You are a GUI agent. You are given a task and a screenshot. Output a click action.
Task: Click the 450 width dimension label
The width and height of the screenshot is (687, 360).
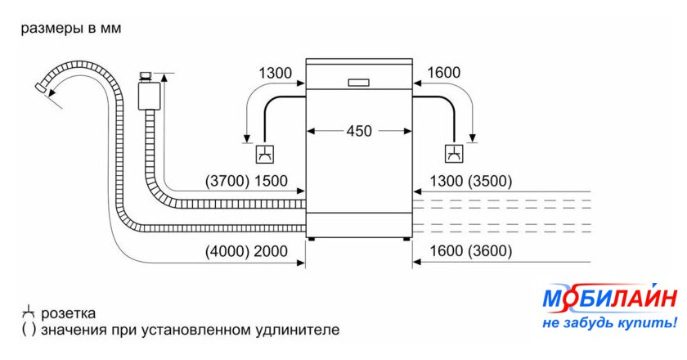point(359,131)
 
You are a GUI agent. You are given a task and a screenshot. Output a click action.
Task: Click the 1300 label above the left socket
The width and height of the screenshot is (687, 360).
point(275,73)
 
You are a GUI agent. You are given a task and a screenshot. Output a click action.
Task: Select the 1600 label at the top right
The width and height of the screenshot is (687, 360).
point(444,72)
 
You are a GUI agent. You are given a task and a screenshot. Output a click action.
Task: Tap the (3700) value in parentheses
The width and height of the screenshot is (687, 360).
point(227,181)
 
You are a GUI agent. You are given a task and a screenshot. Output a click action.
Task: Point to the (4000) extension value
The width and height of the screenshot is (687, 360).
point(227,251)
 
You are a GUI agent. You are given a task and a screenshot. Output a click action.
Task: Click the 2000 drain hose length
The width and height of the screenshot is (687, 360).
point(271,251)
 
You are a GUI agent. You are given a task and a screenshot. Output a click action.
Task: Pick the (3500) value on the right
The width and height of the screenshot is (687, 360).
point(490,181)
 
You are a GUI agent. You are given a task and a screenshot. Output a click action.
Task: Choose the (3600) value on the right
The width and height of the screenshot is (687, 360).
point(490,251)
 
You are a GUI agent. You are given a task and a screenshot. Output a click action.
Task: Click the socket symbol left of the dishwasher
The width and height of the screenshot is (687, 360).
point(266,154)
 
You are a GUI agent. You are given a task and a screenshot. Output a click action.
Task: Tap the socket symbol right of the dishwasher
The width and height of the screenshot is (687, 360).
point(455,154)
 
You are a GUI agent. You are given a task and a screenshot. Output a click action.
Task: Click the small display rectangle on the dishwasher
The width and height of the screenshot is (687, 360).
point(359,83)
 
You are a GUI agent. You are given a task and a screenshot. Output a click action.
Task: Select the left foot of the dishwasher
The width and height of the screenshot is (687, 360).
point(311,240)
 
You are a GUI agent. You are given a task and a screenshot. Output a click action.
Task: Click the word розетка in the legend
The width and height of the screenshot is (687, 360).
point(69,313)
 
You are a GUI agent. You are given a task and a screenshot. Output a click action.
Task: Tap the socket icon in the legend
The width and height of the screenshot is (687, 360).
point(28,313)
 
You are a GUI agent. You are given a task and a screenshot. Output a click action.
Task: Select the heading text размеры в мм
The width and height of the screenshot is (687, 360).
point(71,29)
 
